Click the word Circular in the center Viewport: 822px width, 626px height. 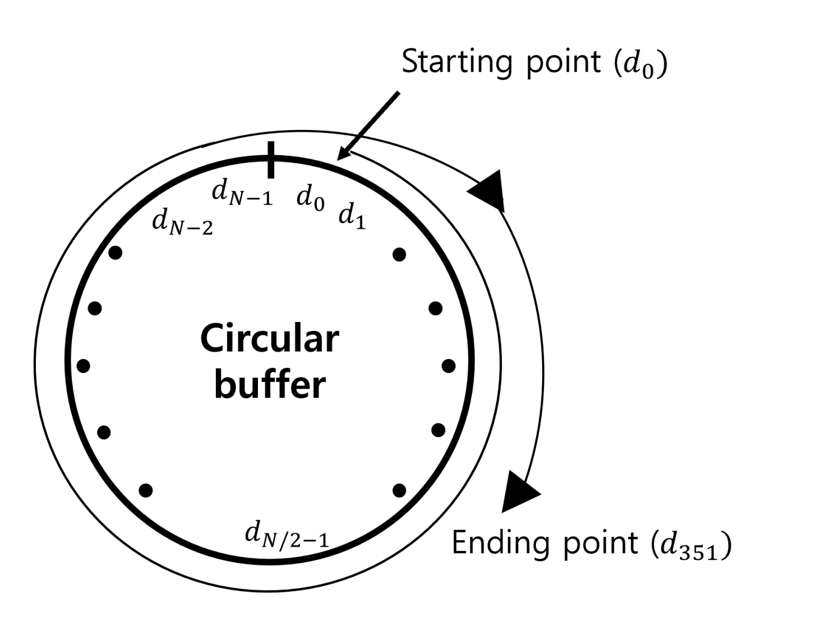pos(270,339)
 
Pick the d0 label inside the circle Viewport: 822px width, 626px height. pos(311,197)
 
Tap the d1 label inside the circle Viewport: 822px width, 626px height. pos(352,216)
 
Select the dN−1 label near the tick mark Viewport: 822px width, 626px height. pos(242,193)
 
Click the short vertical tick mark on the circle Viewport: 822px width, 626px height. pos(271,160)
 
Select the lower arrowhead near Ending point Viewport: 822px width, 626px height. pos(519,491)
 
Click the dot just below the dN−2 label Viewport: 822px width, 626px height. pos(116,253)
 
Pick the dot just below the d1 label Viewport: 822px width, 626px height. pos(399,255)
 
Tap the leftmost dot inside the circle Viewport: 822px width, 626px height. pos(84,366)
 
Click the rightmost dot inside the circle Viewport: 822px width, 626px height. pos(449,366)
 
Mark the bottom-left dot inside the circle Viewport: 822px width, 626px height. pos(146,490)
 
